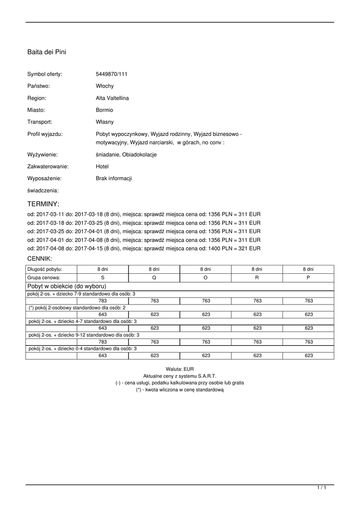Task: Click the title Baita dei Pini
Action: pyautogui.click(x=47, y=52)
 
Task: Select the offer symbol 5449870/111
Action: pyautogui.click(x=112, y=74)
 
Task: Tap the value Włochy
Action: pyautogui.click(x=105, y=86)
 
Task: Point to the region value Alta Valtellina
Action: pyautogui.click(x=112, y=98)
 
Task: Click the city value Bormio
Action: pyautogui.click(x=104, y=110)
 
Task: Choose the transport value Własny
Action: pyautogui.click(x=105, y=122)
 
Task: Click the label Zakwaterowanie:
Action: pyautogui.click(x=48, y=167)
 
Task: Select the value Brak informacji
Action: pyautogui.click(x=114, y=179)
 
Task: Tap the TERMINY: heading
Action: pyautogui.click(x=43, y=204)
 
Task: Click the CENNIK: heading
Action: pyautogui.click(x=40, y=258)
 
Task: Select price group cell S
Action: pyautogui.click(x=103, y=278)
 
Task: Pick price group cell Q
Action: pyautogui.click(x=154, y=278)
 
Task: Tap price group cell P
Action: pyautogui.click(x=308, y=278)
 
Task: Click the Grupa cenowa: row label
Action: pyautogui.click(x=44, y=278)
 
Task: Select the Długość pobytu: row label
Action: pyautogui.click(x=45, y=269)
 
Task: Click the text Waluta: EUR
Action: pyautogui.click(x=180, y=369)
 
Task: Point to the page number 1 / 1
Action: pyautogui.click(x=322, y=488)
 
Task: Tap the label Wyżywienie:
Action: pyautogui.click(x=43, y=155)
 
